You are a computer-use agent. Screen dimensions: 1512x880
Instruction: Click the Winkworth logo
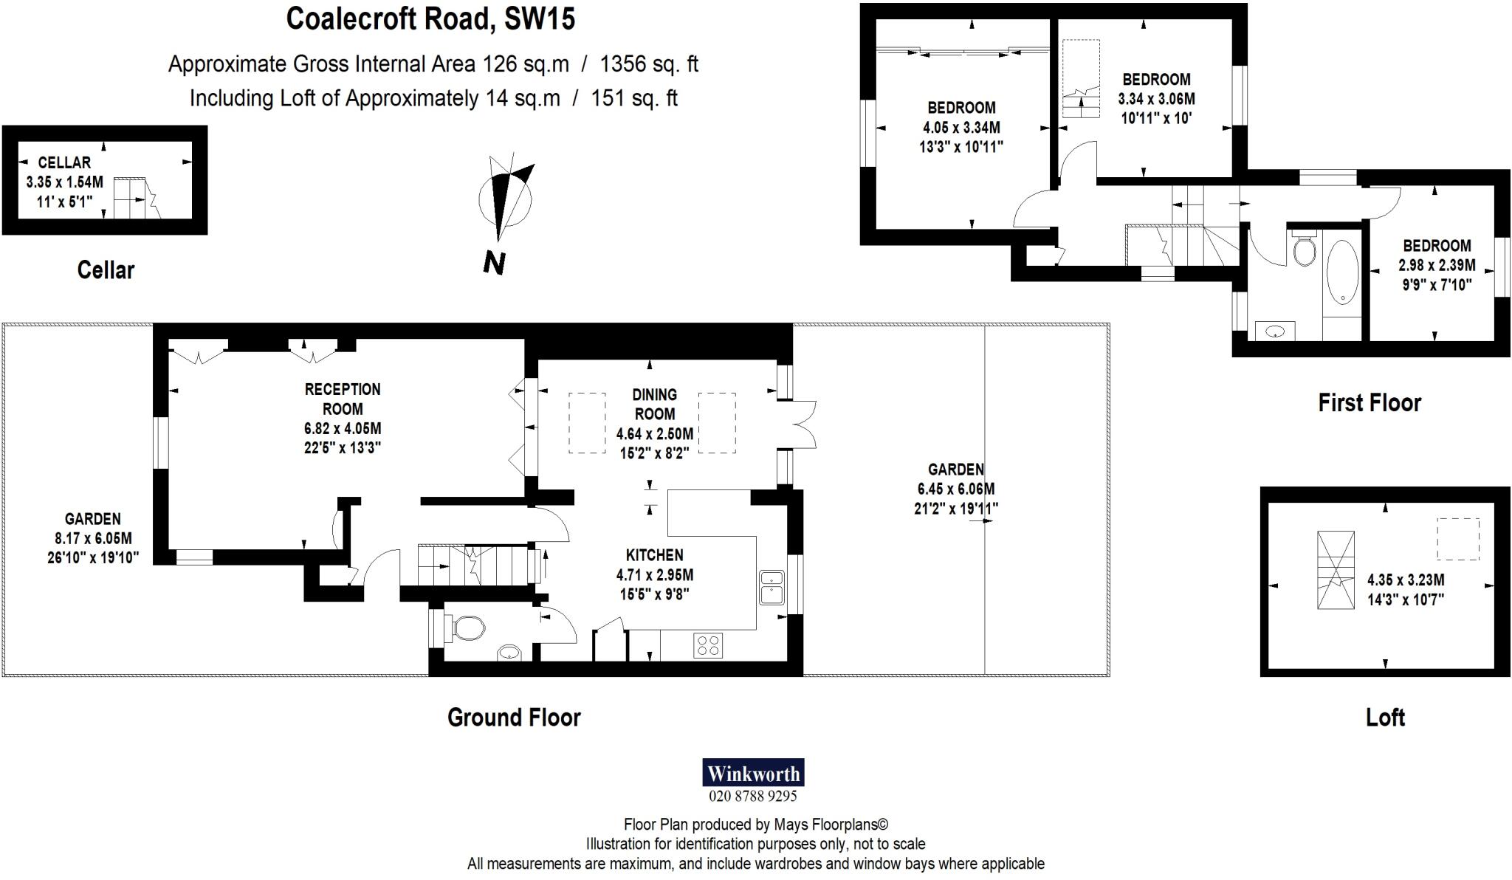pos(752,773)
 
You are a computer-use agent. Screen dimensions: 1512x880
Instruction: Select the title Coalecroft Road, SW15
pos(430,19)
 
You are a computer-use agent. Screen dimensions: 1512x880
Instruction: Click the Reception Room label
pos(343,399)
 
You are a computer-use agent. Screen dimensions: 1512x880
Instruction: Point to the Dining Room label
pos(654,404)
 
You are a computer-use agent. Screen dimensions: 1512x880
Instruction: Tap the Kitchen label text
pos(654,555)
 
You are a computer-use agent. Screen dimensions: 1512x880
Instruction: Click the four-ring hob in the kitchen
pos(708,645)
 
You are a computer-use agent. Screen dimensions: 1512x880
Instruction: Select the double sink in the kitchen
pos(772,588)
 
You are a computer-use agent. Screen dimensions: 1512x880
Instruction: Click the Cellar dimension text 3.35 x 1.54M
pos(64,182)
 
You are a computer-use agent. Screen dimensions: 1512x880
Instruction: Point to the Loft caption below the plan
pos(1385,717)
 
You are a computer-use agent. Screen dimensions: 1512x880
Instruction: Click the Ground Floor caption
pos(514,717)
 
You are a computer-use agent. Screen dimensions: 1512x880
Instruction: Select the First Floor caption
pos(1370,402)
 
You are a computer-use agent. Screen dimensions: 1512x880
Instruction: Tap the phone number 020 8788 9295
pos(752,797)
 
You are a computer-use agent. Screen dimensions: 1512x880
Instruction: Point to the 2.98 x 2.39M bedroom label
pos(1437,265)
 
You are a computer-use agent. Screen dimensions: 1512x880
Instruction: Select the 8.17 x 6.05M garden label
pos(92,538)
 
